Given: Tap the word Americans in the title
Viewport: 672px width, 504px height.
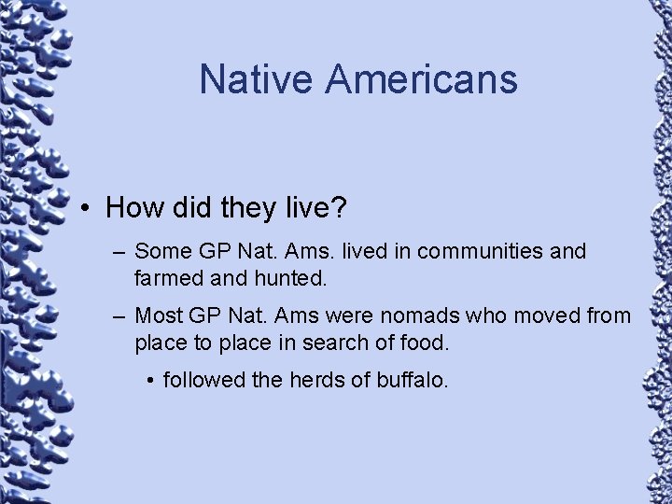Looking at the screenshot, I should [421, 79].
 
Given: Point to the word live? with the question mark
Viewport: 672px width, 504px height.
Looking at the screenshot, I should [313, 207].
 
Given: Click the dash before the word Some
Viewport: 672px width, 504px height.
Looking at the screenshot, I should [119, 252].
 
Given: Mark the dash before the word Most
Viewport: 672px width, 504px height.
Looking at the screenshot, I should [119, 316].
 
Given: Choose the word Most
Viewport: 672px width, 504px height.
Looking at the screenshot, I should [158, 316].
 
